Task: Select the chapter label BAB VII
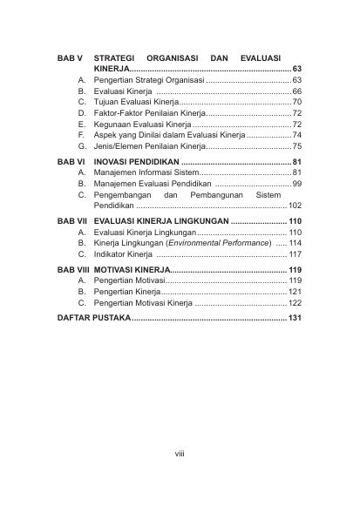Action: pos(71,222)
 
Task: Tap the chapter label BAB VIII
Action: pos(72,271)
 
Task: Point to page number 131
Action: pos(295,319)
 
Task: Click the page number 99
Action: pos(297,185)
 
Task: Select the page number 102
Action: pos(295,208)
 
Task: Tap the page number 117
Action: pos(295,254)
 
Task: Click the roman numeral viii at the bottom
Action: pos(180,452)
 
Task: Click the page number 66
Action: pos(297,91)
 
